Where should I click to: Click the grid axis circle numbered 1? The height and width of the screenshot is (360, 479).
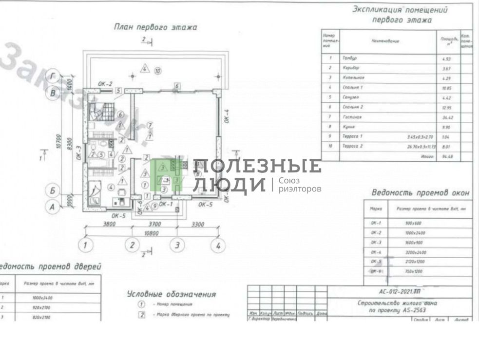[x=86, y=245]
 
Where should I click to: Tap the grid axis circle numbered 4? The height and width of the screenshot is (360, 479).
[x=218, y=245]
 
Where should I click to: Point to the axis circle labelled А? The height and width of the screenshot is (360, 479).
[x=52, y=207]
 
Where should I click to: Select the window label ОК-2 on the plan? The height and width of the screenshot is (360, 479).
[x=105, y=84]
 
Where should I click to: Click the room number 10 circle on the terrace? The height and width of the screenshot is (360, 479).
[x=157, y=71]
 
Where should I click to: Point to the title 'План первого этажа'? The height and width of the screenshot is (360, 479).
[x=155, y=27]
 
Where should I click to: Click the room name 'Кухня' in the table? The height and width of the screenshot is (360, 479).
[x=348, y=127]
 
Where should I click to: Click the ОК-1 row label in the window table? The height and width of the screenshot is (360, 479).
[x=376, y=223]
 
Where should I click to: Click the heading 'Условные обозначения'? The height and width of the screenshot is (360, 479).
[x=171, y=294]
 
